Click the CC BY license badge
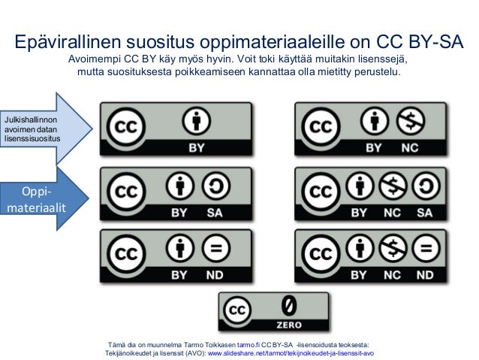coord(176,129)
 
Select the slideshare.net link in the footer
coord(290,352)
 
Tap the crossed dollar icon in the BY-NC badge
coord(410,119)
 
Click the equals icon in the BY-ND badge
coord(215,247)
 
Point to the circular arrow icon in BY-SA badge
coord(215,185)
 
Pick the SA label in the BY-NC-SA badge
coord(425,213)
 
